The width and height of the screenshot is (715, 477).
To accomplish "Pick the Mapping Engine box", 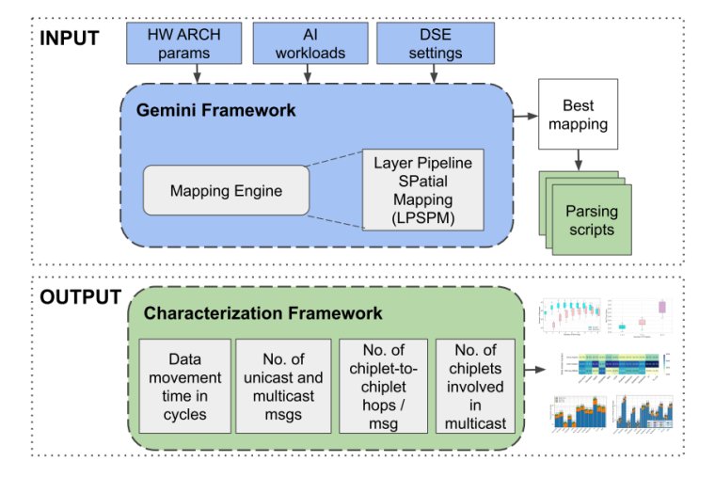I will click(x=226, y=191).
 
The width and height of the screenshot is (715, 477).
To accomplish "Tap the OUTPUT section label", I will click(x=80, y=298).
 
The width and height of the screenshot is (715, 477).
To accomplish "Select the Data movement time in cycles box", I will click(x=184, y=385).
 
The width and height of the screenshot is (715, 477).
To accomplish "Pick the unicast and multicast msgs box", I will click(x=283, y=385).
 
